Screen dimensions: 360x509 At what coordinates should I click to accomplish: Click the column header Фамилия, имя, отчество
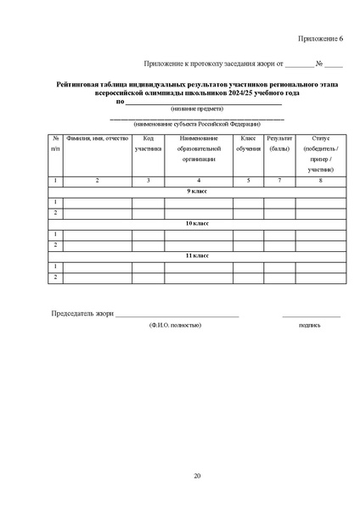click(x=97, y=138)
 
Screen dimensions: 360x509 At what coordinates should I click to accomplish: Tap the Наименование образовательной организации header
click(x=199, y=148)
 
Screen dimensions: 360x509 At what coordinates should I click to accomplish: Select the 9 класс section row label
click(x=197, y=192)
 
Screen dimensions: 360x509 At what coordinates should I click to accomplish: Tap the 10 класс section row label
click(x=197, y=223)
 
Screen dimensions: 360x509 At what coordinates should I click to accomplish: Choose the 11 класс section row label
click(x=197, y=255)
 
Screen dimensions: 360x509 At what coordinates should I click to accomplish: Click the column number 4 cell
click(x=199, y=181)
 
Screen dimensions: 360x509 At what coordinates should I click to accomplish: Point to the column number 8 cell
click(x=320, y=181)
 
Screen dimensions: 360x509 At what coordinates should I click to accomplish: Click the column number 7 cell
click(x=279, y=181)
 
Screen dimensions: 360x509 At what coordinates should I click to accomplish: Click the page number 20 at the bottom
click(x=197, y=475)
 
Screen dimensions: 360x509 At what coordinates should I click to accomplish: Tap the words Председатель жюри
click(x=82, y=315)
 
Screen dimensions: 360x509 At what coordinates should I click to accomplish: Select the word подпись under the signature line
click(x=310, y=325)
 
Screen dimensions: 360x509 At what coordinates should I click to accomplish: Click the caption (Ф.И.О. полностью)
click(x=174, y=325)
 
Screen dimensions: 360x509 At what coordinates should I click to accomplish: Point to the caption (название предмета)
click(x=197, y=109)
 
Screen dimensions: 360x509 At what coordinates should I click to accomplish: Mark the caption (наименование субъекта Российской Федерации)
click(x=197, y=124)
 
